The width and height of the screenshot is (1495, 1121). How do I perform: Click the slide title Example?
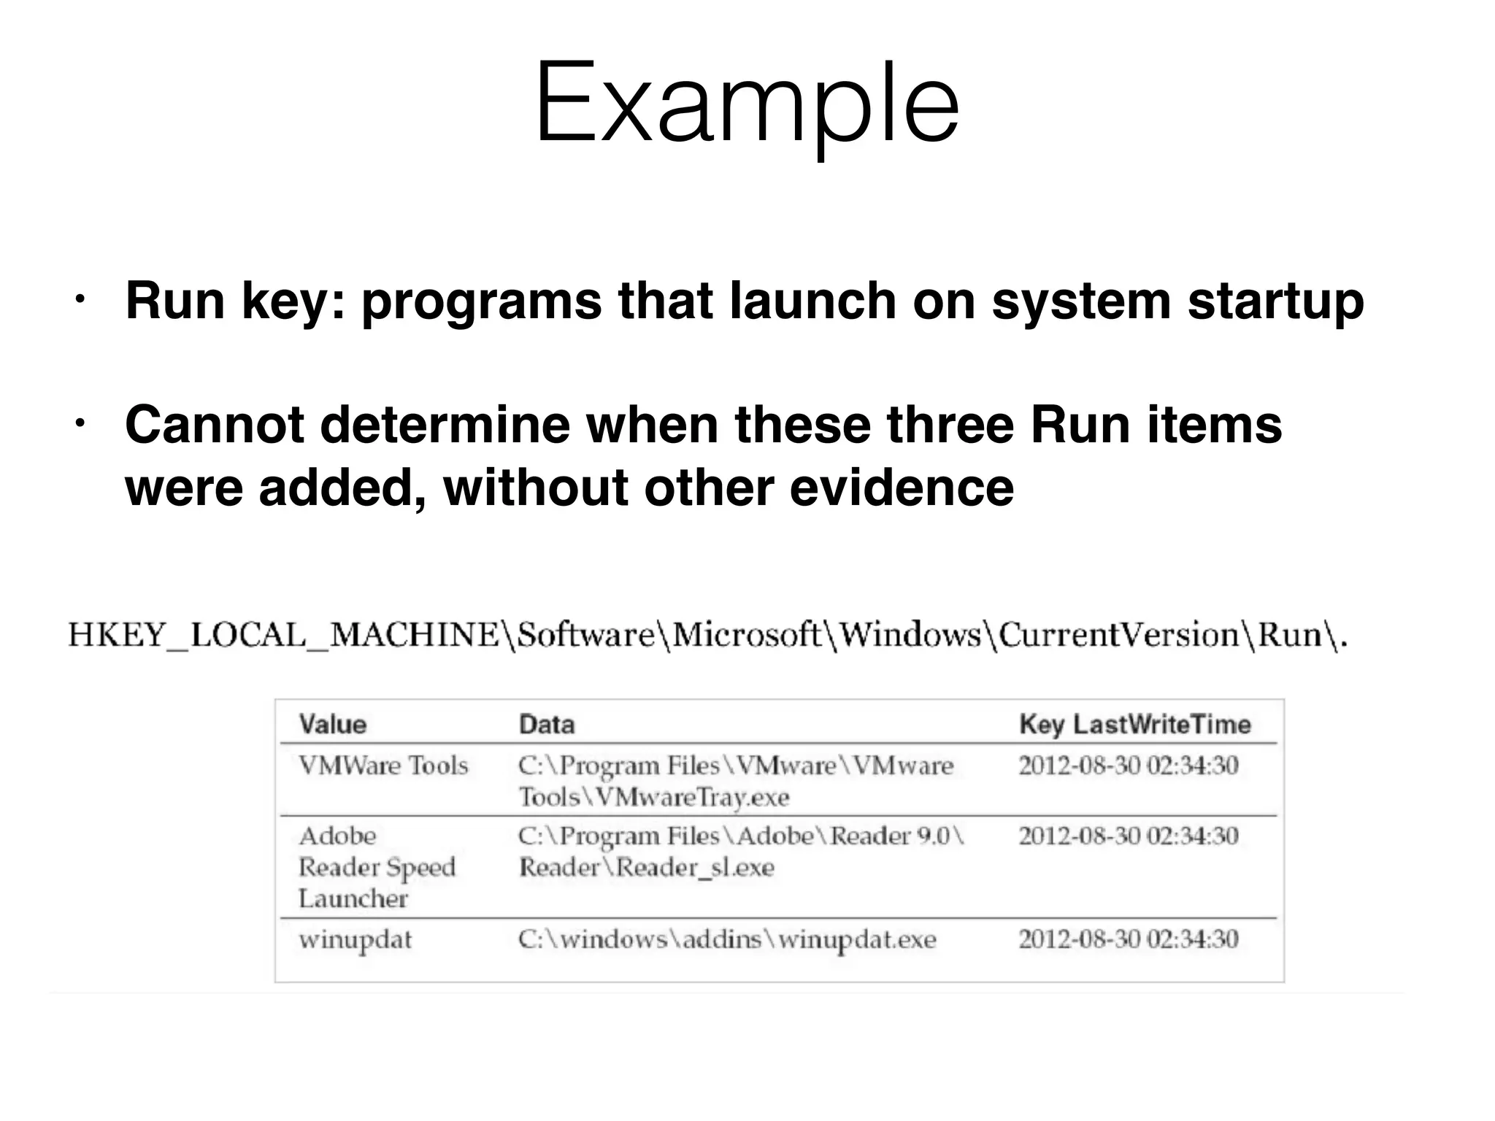pyautogui.click(x=747, y=104)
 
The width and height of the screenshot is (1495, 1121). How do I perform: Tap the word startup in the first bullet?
pyautogui.click(x=1275, y=302)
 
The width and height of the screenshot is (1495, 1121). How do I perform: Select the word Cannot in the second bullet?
pyautogui.click(x=214, y=425)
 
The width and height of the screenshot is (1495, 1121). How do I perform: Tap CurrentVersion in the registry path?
pyautogui.click(x=1118, y=635)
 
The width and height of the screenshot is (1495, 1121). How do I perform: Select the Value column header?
pyautogui.click(x=332, y=724)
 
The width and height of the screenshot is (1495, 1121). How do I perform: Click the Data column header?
pyautogui.click(x=546, y=724)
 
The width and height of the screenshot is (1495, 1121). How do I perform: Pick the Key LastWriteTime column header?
pyautogui.click(x=1134, y=724)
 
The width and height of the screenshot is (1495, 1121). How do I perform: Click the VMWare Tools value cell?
pyautogui.click(x=383, y=766)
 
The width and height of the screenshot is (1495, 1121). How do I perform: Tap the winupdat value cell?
pyautogui.click(x=355, y=939)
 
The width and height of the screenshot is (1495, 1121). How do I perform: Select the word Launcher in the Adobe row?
pyautogui.click(x=353, y=898)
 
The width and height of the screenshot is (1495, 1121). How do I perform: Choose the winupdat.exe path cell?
pyautogui.click(x=726, y=939)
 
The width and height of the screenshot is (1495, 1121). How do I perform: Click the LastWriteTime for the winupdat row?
pyautogui.click(x=1129, y=939)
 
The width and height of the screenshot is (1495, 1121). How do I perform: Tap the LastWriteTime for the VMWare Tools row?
pyautogui.click(x=1129, y=766)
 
